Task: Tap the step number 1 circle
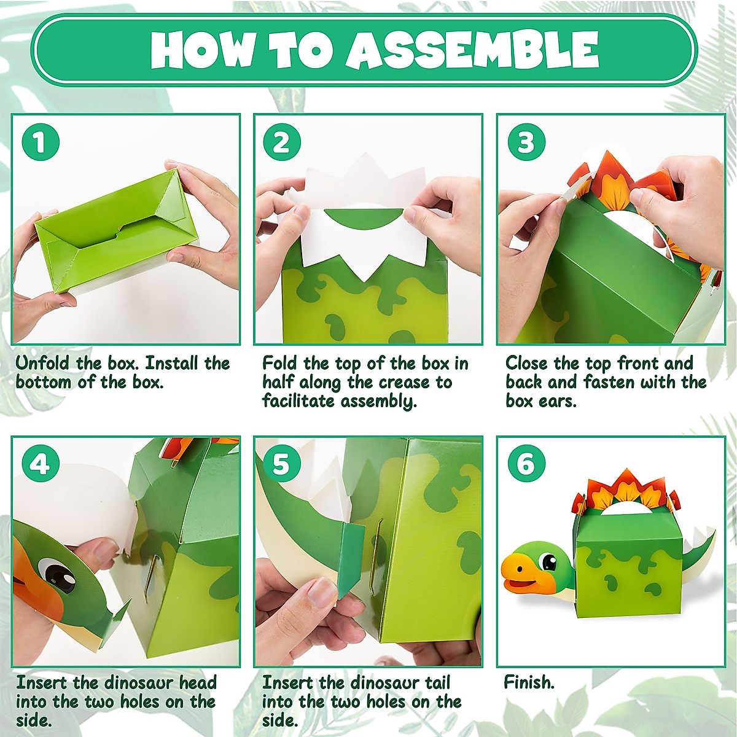point(41,142)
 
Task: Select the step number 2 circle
point(282,142)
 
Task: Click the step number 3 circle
point(526,142)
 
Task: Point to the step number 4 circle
point(41,464)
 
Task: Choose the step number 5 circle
point(282,464)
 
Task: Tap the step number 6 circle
point(526,464)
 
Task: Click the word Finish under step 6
point(529,682)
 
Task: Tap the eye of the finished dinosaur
point(547,561)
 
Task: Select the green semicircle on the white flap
point(364,217)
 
